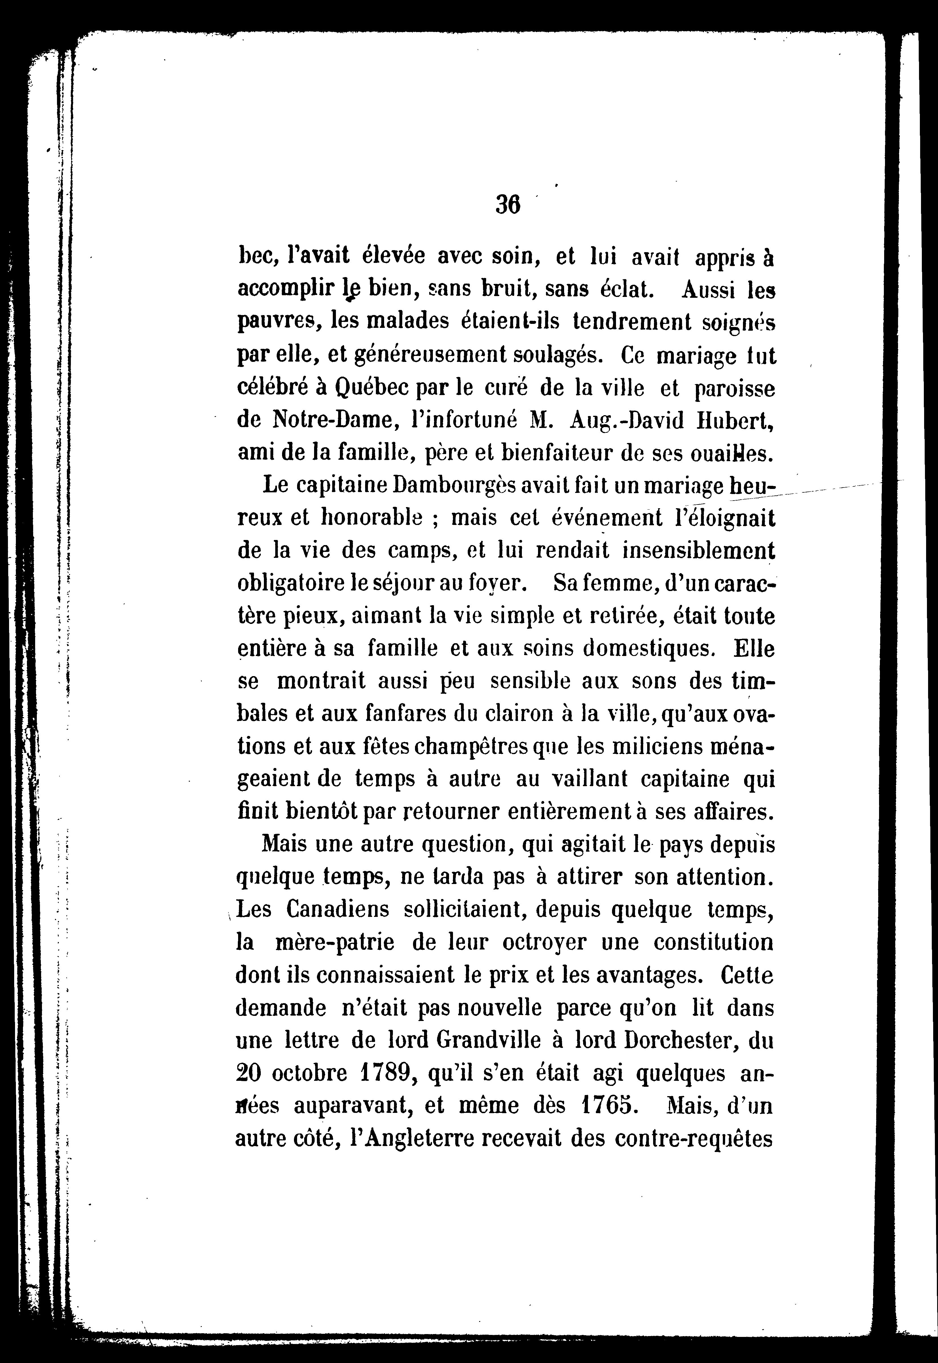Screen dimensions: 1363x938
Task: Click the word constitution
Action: (x=713, y=942)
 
